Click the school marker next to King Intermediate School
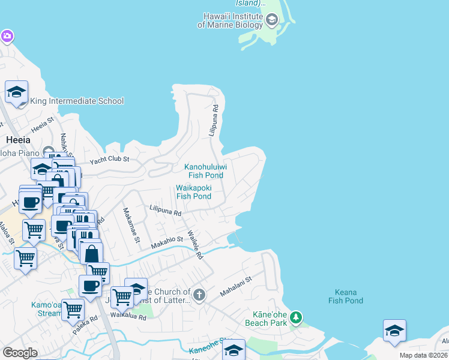(17, 92)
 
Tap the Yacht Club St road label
(110, 160)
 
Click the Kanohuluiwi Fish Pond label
(203, 170)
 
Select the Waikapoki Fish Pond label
(193, 191)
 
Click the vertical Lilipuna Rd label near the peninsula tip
(213, 120)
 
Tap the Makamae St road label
(131, 225)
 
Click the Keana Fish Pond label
(346, 296)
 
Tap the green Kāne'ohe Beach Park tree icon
(295, 317)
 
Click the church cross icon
(199, 295)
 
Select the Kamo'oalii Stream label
(47, 309)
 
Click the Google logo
(20, 353)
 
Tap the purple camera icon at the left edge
(7, 37)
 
